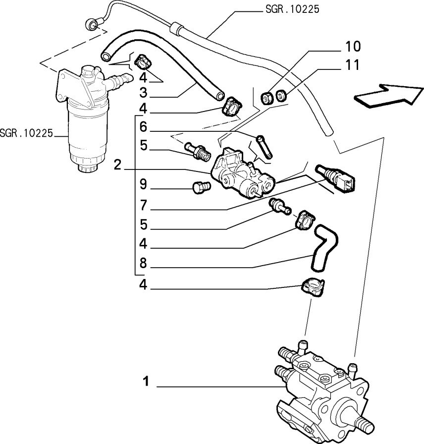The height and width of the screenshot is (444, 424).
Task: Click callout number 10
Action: pyautogui.click(x=353, y=47)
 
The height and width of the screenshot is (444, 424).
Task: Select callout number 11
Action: pyautogui.click(x=352, y=65)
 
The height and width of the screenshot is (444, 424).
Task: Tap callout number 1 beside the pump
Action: pyautogui.click(x=146, y=381)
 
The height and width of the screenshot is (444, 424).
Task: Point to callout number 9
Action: pyautogui.click(x=144, y=185)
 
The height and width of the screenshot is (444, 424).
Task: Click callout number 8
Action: pyautogui.click(x=144, y=263)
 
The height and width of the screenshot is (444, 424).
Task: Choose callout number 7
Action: pyautogui.click(x=144, y=205)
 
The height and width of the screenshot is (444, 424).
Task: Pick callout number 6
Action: pyautogui.click(x=144, y=127)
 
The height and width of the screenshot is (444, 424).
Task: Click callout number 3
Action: pyautogui.click(x=144, y=92)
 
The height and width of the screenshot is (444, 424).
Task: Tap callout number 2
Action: pyautogui.click(x=117, y=165)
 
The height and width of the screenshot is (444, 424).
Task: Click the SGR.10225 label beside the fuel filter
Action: pyautogui.click(x=27, y=133)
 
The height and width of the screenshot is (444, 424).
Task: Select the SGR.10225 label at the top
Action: pyautogui.click(x=292, y=9)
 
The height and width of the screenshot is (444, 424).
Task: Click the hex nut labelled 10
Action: pyautogui.click(x=266, y=98)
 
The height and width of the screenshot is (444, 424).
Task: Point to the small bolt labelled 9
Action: pyautogui.click(x=202, y=187)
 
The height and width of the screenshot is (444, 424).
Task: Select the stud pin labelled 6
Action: pyautogui.click(x=265, y=147)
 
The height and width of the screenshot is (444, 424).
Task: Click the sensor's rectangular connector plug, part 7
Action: pyautogui.click(x=347, y=183)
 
